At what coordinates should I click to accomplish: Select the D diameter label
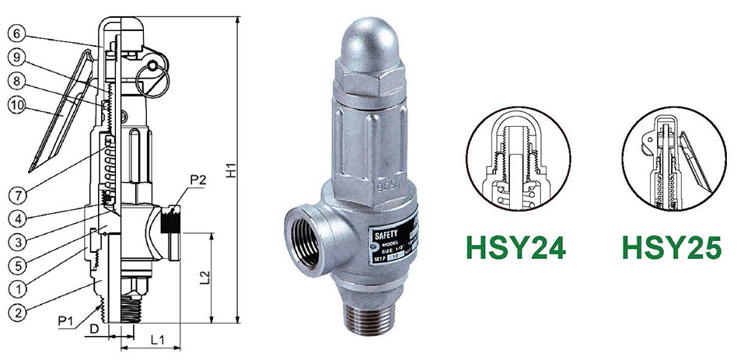tap(94, 330)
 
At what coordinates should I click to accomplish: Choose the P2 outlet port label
tap(197, 180)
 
